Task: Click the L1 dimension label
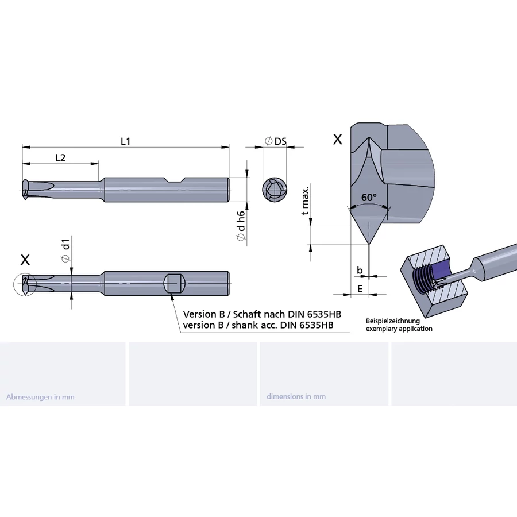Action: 125,141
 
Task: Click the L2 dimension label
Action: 60,157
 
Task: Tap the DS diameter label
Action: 276,141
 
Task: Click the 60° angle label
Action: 369,197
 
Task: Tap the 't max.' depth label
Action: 306,201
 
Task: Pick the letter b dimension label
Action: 360,269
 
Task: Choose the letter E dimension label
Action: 360,288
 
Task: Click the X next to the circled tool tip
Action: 25,260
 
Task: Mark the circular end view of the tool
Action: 275,190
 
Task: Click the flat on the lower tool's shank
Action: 175,283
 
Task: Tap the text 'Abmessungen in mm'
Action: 40,396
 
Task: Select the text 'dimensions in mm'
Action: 296,396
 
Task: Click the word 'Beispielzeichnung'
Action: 393,321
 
